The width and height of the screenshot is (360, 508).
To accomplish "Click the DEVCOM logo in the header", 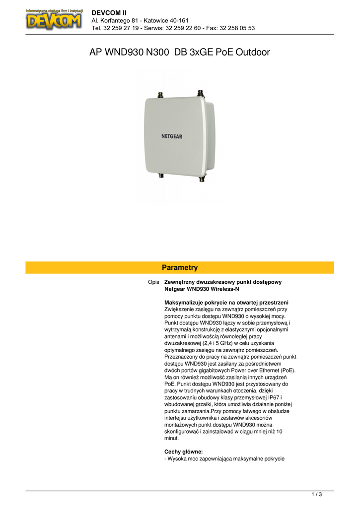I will coord(54,19).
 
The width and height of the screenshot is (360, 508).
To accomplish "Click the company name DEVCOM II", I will coord(109,12).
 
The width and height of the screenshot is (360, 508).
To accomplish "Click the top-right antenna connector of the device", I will coord(200,93).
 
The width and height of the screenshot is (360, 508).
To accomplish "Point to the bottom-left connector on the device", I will coord(161,176).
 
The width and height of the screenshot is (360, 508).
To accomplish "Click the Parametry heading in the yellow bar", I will coord(180,267).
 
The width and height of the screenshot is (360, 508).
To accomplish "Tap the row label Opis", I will coord(153,282).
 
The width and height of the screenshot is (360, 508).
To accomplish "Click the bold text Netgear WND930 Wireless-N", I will coord(202,289).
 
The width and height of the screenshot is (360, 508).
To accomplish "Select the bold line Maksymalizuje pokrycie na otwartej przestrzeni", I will coord(226,303).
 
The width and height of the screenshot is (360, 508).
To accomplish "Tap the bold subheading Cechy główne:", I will coord(183,452).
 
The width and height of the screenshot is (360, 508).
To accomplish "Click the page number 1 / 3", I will coord(317,494).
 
